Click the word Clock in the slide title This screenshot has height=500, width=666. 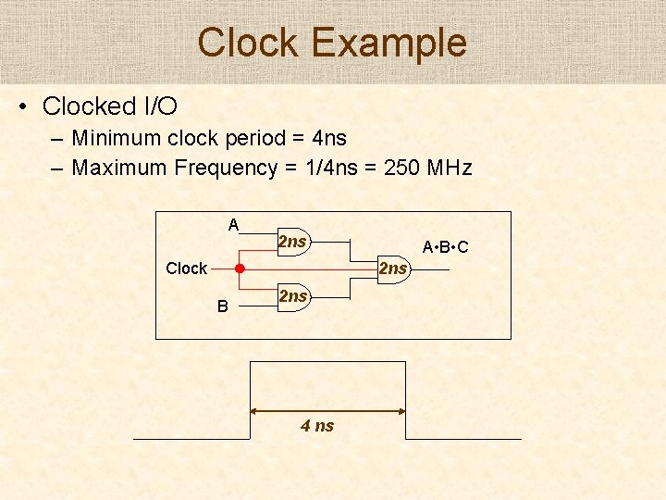pos(249,43)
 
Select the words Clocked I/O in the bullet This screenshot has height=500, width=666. pos(110,106)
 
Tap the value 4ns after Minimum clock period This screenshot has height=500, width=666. pos(329,139)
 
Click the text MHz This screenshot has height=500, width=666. pos(450,168)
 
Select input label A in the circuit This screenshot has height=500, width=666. pos(233,224)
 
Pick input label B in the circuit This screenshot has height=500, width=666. pos(222,306)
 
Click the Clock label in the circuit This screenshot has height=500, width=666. pos(186,269)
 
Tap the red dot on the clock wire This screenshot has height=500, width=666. pos(239,269)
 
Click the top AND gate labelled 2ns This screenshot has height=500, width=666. pos(292,242)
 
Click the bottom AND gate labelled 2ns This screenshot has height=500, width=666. pos(292,296)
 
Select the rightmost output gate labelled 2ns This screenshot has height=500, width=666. pos(393,269)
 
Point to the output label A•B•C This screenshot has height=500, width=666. pos(445,247)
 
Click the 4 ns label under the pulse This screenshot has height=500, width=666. pos(317,426)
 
